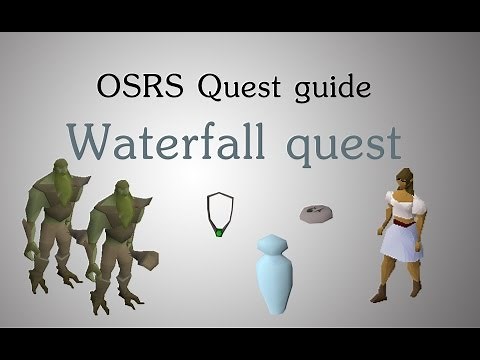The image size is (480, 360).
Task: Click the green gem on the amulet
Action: click(217, 234)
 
